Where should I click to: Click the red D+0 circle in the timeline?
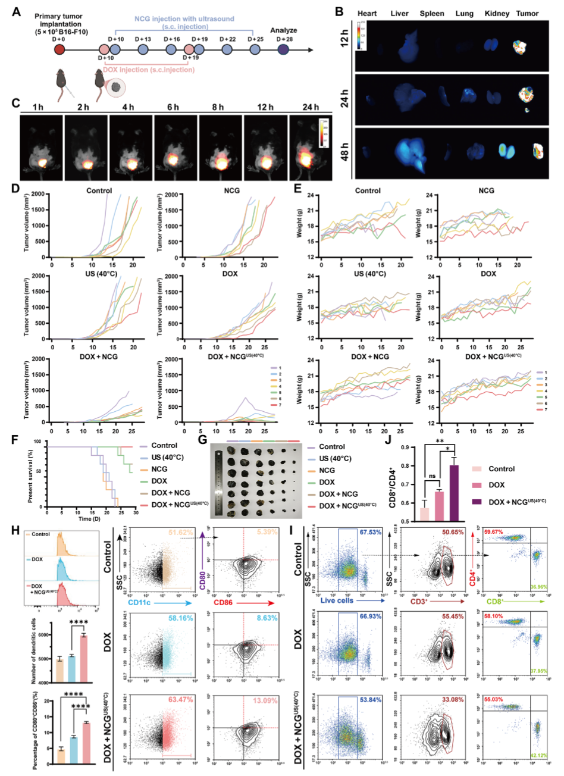pos(59,49)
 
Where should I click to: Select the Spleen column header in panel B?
pos(432,13)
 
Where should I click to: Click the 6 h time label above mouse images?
pos(173,107)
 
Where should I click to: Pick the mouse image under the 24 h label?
pos(310,148)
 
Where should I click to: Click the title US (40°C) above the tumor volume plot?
pos(99,274)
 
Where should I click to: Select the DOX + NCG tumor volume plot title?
pos(99,356)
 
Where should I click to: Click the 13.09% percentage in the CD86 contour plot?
pos(265,700)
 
